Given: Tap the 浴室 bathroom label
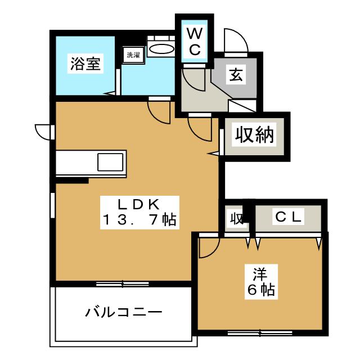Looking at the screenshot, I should (85, 64).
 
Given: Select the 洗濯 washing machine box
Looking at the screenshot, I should (133, 55).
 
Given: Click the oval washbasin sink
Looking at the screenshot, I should (163, 48).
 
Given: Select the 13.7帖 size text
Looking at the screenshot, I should (139, 219).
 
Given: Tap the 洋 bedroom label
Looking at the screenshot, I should (259, 275).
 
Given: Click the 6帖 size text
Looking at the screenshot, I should (260, 290).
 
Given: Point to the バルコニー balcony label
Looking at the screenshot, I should (124, 311).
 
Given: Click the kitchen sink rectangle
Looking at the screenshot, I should (110, 162).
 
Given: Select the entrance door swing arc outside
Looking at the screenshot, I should (233, 39).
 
